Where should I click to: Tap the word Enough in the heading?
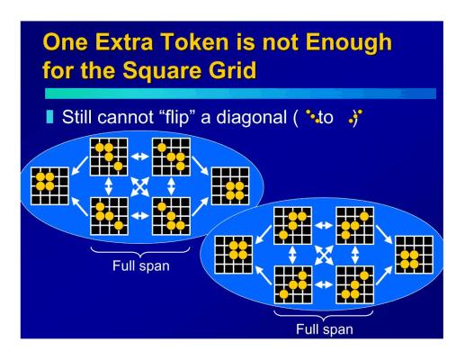pos(349,43)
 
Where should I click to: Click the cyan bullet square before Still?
pos(49,117)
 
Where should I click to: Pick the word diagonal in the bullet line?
pos(251,118)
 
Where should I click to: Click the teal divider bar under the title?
pos(240,94)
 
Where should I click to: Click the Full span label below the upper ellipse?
pos(141,265)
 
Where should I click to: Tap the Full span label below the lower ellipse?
pos(325,329)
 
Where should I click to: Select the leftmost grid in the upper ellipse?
pos(49,186)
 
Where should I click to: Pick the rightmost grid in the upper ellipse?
pos(230,186)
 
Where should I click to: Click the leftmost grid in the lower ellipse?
pos(234,255)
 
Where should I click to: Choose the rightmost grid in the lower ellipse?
pos(414,255)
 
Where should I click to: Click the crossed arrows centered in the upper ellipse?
pos(139,186)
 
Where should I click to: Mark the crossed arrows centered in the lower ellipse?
pos(324,255)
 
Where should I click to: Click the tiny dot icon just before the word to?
pos(312,116)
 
